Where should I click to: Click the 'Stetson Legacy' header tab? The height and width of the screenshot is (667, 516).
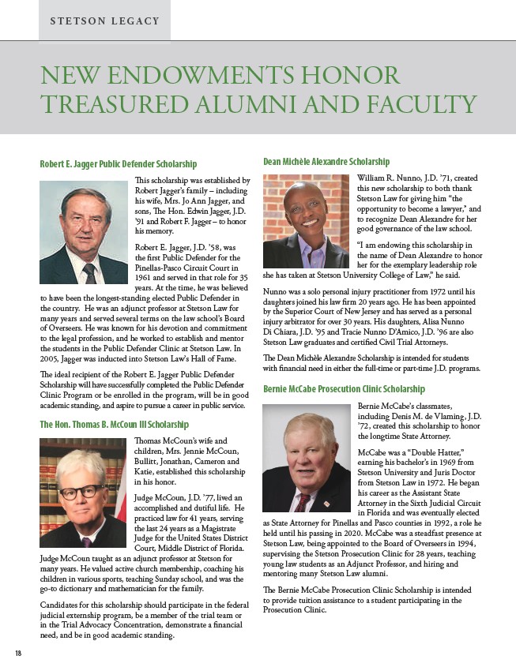(x=104, y=21)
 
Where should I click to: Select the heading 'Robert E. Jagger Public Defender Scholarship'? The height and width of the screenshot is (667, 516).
(x=118, y=164)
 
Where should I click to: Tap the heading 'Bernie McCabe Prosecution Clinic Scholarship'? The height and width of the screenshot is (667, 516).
(x=343, y=389)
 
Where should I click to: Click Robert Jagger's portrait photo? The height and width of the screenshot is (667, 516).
(x=83, y=232)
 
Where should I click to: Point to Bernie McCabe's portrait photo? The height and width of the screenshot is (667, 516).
(x=305, y=458)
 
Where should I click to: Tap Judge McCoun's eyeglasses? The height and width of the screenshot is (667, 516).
(x=81, y=491)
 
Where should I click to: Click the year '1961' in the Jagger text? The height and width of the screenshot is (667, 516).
(x=145, y=279)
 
